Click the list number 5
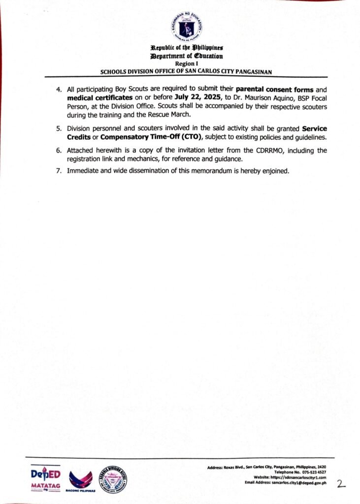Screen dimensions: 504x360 click(x=59, y=129)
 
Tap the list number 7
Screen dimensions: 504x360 click(x=59, y=171)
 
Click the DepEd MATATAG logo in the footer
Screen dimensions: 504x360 click(x=45, y=477)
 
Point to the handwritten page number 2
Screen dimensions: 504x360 click(x=341, y=483)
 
